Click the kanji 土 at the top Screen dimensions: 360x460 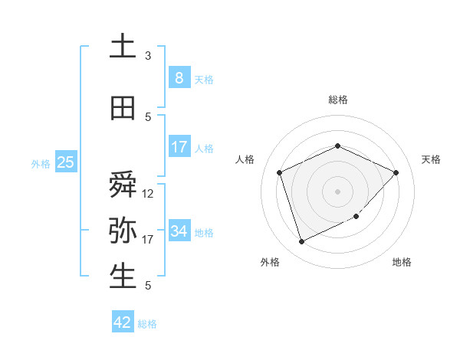click(x=123, y=46)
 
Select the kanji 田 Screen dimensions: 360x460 click(x=123, y=108)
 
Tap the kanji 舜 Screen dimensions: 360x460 click(x=123, y=185)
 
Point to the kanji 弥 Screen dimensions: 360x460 click(x=123, y=231)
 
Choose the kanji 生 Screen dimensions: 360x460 click(x=123, y=277)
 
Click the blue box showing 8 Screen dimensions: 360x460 click(x=179, y=78)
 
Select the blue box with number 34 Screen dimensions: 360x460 click(x=179, y=231)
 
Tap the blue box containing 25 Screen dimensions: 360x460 click(x=66, y=162)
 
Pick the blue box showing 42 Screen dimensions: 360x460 click(x=123, y=322)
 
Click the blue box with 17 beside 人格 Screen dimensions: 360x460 click(x=179, y=147)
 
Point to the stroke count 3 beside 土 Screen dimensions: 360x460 click(x=148, y=56)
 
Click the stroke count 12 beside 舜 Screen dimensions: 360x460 click(x=148, y=194)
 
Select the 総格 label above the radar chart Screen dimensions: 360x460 click(x=338, y=100)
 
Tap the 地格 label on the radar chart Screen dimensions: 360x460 click(x=402, y=263)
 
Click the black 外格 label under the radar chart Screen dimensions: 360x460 click(x=270, y=263)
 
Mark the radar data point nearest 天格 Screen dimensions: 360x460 click(x=396, y=172)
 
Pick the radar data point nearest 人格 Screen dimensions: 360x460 click(x=280, y=172)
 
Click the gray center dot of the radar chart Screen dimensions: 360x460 click(x=337, y=191)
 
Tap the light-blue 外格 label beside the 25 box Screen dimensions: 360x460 click(x=41, y=163)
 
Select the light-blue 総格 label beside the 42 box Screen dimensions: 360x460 click(x=147, y=324)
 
